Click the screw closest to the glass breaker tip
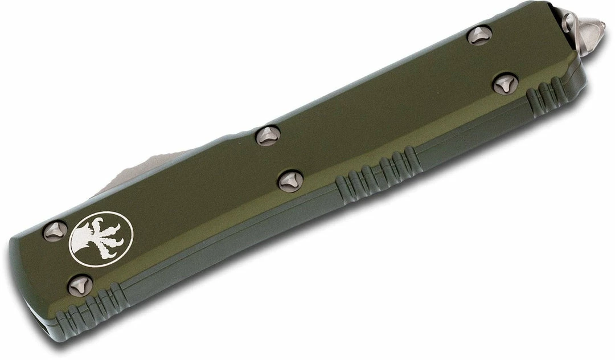pos(479,36)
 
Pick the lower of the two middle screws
pos(289,180)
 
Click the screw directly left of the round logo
pos(55,230)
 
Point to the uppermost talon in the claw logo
pos(101,220)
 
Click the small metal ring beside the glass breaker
pos(568,22)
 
